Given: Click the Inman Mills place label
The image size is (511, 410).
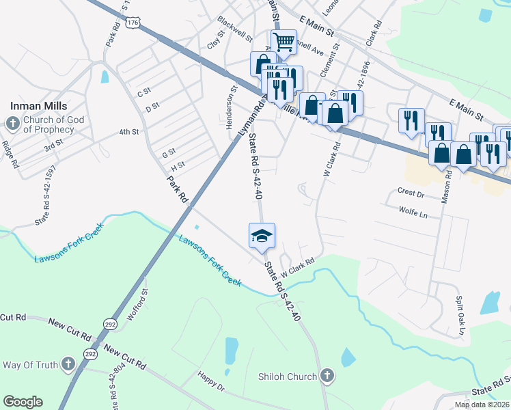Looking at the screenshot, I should [x=38, y=106].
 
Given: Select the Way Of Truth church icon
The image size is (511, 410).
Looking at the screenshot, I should [x=68, y=364].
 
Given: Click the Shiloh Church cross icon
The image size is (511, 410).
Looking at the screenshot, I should [x=327, y=376].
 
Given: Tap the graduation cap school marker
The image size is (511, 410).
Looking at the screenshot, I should [x=262, y=236].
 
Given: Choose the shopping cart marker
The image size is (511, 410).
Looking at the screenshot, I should [x=284, y=42].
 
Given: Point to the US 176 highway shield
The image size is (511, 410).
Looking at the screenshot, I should [x=133, y=23].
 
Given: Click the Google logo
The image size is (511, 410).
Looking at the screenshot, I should [x=23, y=401].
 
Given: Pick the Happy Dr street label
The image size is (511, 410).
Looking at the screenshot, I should [x=210, y=386].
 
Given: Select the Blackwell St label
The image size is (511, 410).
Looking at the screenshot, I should [x=234, y=28].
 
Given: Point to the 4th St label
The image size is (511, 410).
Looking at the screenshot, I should [x=128, y=132].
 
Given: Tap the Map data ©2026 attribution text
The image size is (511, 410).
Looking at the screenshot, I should [x=482, y=405].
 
